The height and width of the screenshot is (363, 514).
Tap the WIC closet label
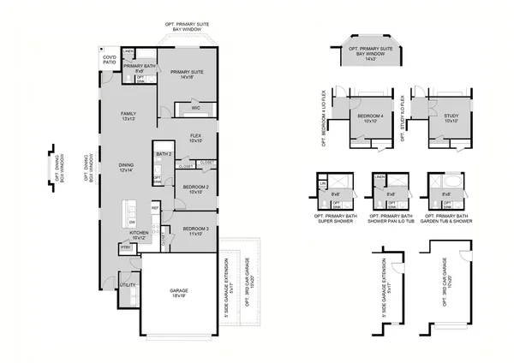point(195,108)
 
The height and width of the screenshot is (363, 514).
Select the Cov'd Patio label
point(109,60)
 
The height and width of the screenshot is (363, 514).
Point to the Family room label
point(128,114)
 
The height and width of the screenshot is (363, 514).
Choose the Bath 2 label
point(164,154)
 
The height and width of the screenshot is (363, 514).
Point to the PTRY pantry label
point(125,247)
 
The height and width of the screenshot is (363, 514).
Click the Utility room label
point(128,284)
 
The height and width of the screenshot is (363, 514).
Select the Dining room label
point(126,167)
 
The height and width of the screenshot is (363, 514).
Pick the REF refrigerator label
point(155,208)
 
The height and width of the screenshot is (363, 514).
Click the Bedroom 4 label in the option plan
point(370,116)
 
